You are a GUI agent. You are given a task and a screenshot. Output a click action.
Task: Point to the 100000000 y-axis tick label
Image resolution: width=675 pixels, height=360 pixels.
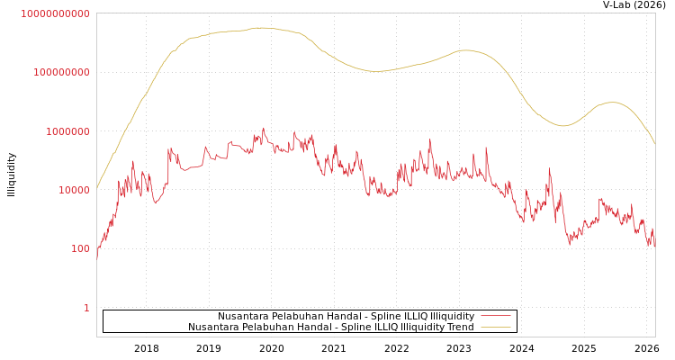coord(61,72)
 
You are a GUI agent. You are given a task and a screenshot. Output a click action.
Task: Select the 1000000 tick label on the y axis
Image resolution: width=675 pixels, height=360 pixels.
coord(67,131)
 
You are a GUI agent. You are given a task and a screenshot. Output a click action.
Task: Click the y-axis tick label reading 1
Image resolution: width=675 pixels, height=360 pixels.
coord(86,308)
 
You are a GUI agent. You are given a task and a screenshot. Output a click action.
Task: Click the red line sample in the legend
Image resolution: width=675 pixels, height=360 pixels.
coord(496,317)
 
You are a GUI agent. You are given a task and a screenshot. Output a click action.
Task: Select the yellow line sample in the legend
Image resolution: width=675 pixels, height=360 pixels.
coord(496,328)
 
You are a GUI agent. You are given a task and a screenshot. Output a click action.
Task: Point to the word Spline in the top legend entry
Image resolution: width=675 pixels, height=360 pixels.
coord(372,317)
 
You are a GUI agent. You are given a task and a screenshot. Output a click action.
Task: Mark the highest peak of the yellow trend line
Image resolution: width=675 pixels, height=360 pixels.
coord(261,28)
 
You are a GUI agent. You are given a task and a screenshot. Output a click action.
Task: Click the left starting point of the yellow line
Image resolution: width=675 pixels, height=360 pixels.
coord(97,188)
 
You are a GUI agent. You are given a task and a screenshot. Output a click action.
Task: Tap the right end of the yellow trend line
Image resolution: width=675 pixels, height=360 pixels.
coord(654,144)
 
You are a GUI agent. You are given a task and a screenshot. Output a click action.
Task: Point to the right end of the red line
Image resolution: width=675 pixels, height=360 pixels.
coord(654,245)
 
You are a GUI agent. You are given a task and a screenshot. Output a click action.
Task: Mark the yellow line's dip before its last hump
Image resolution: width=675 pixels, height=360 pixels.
coord(563,126)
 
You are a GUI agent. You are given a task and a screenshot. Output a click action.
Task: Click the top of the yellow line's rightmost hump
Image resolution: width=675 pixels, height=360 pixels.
coord(613,103)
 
